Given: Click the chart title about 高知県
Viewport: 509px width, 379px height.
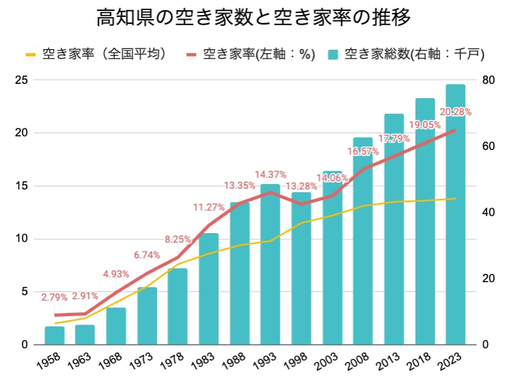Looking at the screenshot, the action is click(254, 17).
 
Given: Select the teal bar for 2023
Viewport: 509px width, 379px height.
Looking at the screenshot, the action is click(455, 214).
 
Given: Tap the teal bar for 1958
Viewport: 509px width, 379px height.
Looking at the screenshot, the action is click(55, 335).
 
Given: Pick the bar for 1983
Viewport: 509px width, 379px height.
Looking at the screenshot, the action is click(209, 289).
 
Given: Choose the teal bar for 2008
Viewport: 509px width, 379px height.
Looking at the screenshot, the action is click(363, 241).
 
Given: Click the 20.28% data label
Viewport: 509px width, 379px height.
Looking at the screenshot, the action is click(455, 112).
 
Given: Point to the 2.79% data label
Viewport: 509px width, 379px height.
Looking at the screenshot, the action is click(54, 297).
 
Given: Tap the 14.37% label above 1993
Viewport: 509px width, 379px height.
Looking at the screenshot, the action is click(270, 175).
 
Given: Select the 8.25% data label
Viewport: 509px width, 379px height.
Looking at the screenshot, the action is click(177, 239).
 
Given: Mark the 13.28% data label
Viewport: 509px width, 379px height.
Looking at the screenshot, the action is click(302, 186).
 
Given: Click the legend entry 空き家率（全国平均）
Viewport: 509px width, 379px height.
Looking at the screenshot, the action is click(96, 54).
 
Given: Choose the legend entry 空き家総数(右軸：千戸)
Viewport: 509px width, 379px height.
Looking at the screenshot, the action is click(407, 54).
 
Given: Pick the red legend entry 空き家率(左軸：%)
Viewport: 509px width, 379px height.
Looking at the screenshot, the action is click(250, 54).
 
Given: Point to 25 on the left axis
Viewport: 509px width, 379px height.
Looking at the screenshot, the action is click(21, 80).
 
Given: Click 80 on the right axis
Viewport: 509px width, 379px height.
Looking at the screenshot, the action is click(489, 80).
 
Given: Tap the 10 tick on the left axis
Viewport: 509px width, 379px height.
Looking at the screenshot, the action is click(21, 239).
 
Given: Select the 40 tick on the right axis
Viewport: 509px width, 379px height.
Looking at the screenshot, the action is click(489, 213).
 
